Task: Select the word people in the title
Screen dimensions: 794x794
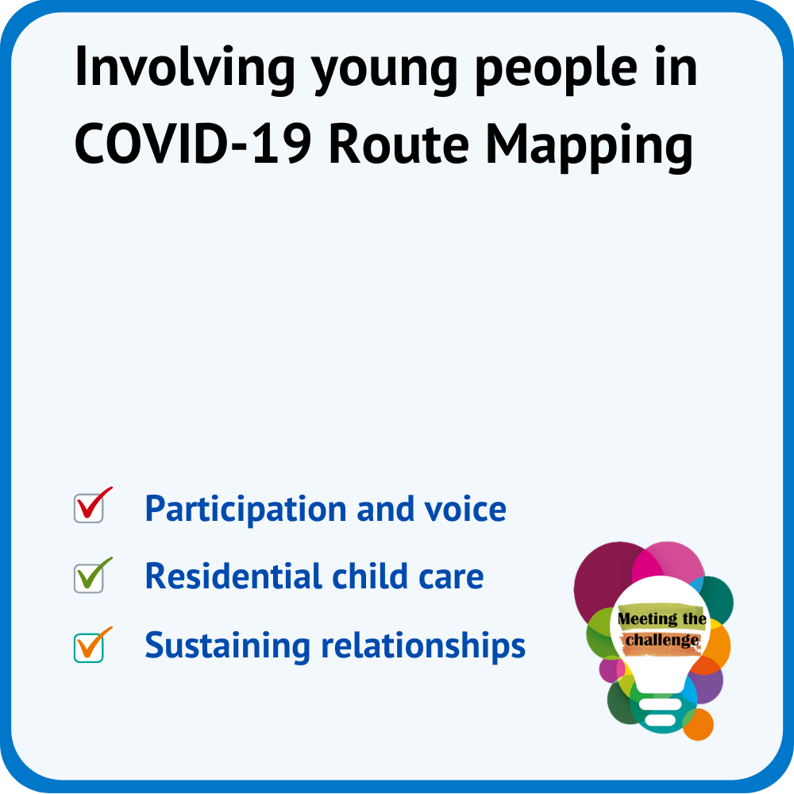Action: pos(556,71)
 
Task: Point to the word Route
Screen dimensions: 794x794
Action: pos(399,145)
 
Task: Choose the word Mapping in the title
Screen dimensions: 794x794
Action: pos(589,148)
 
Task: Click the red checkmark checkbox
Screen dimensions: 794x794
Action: pos(93,505)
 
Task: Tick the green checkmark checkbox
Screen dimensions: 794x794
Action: pos(93,575)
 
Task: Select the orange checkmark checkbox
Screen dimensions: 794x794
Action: pos(93,645)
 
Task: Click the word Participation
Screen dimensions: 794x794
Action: pos(245,510)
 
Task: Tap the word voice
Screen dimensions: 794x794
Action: pos(465,509)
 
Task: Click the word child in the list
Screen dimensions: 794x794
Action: pos(370,576)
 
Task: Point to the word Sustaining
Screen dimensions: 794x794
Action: pos(227,646)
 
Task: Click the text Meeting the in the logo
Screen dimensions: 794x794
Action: pos(662,619)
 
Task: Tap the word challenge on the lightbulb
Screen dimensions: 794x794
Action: pos(662,641)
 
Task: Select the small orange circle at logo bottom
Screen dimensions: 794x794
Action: pos(699,725)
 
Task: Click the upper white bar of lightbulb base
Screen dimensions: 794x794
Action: pos(661,703)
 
